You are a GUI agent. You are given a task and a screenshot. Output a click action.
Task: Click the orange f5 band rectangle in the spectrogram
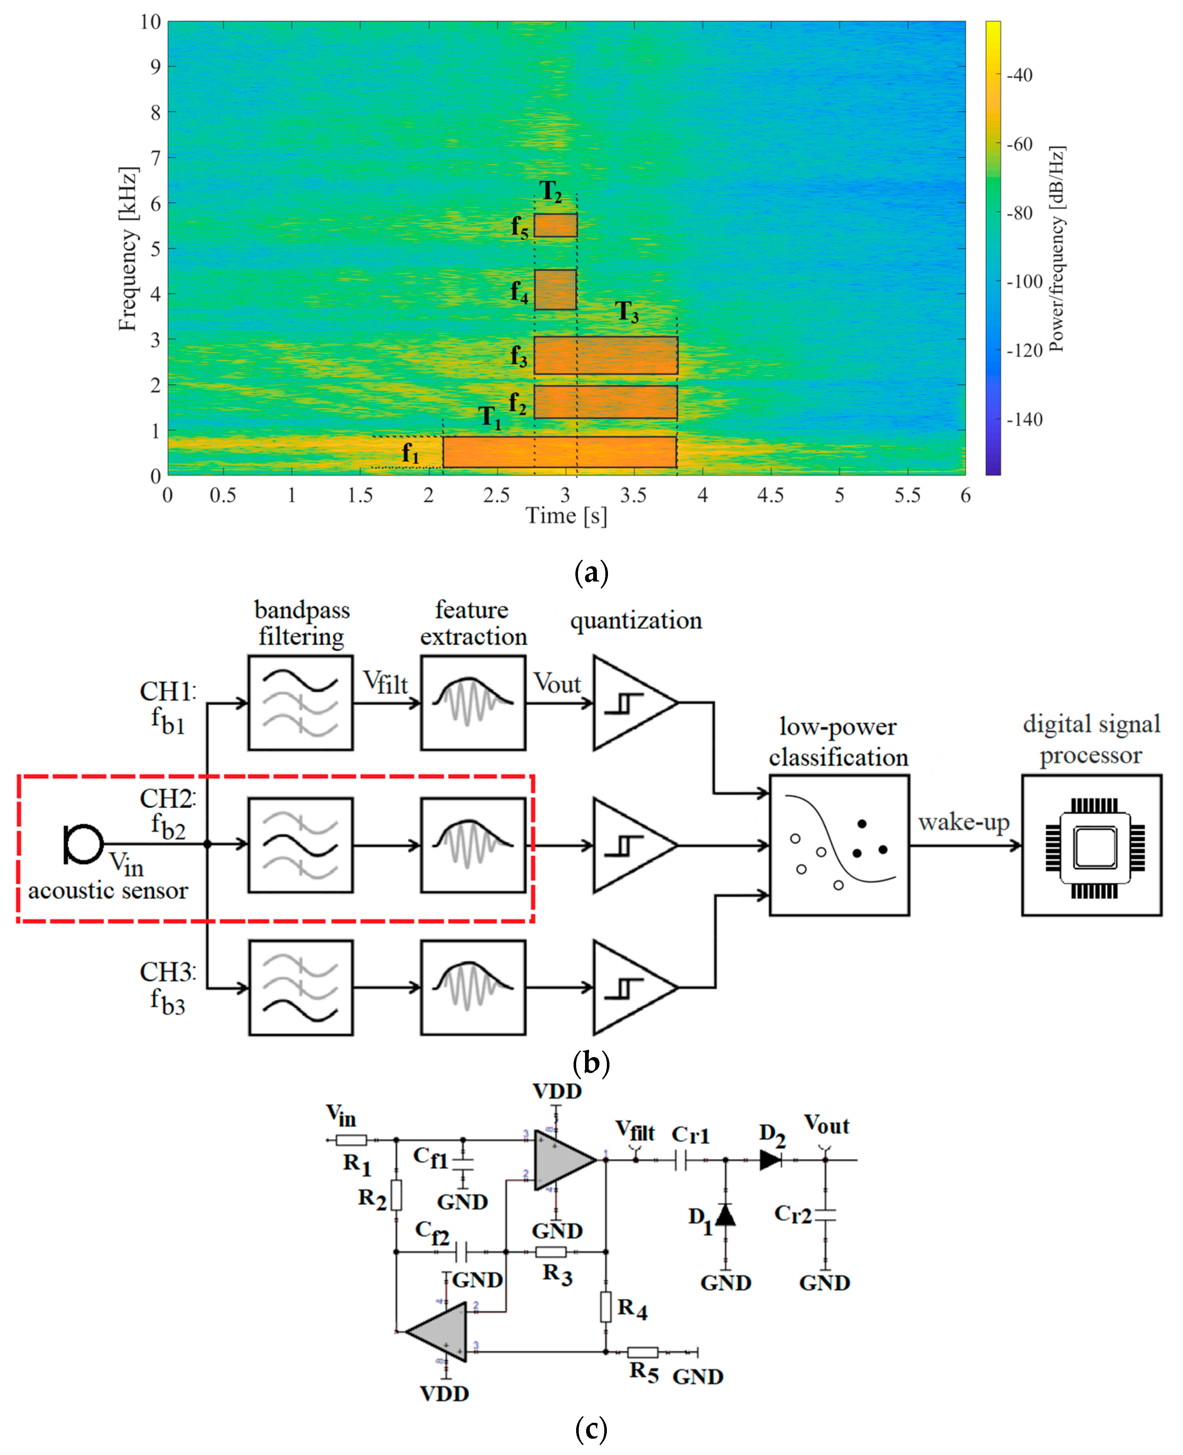pyautogui.click(x=555, y=225)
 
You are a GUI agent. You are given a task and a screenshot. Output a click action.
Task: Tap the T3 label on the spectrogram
pyautogui.click(x=627, y=312)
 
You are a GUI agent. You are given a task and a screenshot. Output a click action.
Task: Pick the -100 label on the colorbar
pyautogui.click(x=1024, y=281)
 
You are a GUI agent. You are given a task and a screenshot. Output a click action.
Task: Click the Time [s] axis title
pyautogui.click(x=566, y=516)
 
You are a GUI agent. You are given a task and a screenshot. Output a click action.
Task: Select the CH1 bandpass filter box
pyautogui.click(x=300, y=703)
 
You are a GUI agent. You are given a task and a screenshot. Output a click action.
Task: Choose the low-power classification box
pyautogui.click(x=839, y=845)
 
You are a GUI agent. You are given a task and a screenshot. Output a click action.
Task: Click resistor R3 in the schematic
pyautogui.click(x=551, y=1252)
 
